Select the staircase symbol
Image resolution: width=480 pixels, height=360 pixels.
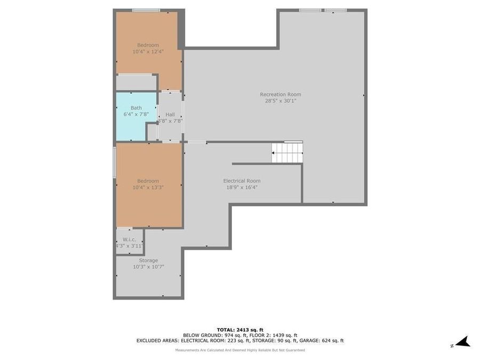tap(287, 153)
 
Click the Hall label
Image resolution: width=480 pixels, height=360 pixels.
tap(170, 115)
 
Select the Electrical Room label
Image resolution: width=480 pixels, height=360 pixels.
tap(242, 181)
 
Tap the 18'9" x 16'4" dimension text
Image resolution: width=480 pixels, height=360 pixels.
tap(242, 187)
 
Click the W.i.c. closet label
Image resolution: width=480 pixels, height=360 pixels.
tap(129, 239)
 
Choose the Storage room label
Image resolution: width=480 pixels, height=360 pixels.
tap(148, 260)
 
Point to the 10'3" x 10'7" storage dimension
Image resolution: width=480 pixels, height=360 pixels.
tap(148, 267)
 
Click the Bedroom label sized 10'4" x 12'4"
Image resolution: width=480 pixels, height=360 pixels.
tap(148, 45)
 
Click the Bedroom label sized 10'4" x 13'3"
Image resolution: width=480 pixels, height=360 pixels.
tap(148, 181)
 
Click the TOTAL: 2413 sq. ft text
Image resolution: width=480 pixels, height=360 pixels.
tap(239, 330)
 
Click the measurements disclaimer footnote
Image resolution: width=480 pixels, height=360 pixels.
tap(240, 350)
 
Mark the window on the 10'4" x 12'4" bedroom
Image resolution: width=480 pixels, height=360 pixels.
tap(146, 10)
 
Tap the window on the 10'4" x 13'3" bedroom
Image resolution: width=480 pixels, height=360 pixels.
tap(114, 163)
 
